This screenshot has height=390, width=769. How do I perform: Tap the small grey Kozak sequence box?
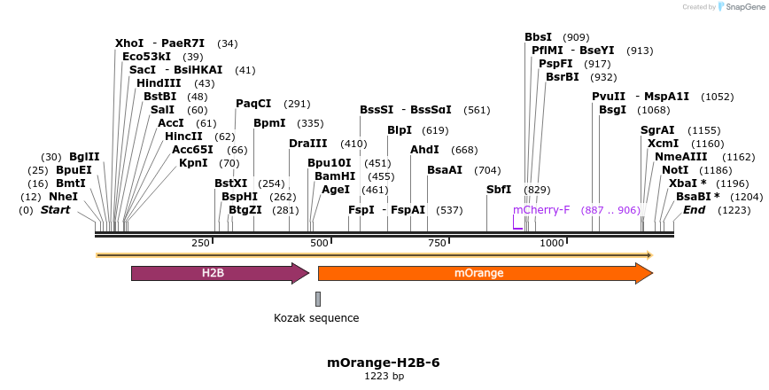pos(317,299)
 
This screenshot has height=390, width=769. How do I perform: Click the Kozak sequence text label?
pos(316,318)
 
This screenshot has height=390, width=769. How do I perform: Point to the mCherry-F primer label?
pos(541,210)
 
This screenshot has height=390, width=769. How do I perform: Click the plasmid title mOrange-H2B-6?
pos(384,363)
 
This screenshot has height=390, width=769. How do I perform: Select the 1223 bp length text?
pos(384,376)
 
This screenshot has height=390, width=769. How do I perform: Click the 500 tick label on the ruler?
pos(319,243)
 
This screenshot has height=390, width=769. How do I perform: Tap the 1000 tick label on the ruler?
pos(552,243)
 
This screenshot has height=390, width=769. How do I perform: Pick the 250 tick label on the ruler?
pos(201,243)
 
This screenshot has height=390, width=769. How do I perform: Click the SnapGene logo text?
pos(742,7)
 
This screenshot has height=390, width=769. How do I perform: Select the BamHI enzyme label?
pos(335,176)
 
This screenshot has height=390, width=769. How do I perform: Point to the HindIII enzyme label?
pos(159,82)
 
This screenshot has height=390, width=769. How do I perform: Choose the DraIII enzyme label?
pos(308,144)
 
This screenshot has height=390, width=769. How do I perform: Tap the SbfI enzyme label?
pos(499,190)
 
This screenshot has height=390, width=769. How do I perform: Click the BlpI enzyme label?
pos(400,129)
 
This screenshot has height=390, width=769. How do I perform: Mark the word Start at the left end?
pos(55,210)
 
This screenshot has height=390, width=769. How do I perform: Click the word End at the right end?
pos(694,210)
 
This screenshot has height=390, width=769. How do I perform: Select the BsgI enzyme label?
pos(612,110)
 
